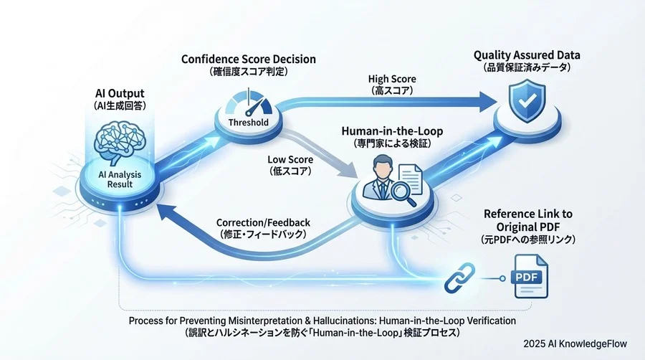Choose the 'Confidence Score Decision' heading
click(x=249, y=59)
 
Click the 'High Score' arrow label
click(x=392, y=79)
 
